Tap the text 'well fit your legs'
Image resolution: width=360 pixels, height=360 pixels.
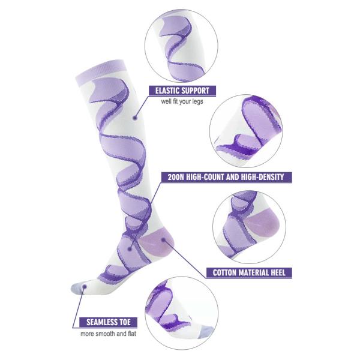183,102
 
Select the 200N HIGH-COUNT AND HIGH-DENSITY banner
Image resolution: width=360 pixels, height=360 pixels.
227,177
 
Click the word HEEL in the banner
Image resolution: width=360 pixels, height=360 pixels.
278,272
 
